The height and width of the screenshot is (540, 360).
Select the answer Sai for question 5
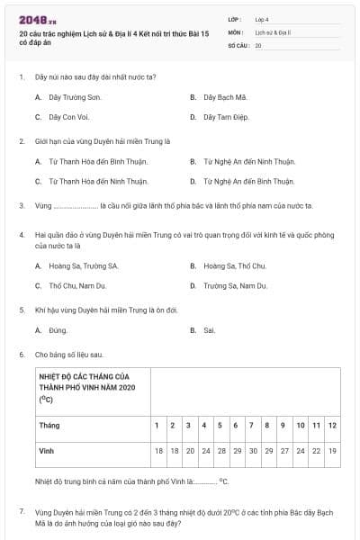pos(210,330)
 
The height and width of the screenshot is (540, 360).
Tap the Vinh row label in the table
pos(47,450)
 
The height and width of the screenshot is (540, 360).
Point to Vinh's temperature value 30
pos(252,450)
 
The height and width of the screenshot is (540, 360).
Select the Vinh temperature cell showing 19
pos(332,450)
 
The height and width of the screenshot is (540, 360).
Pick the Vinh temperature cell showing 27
pos(283,450)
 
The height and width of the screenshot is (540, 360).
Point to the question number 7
pos(21,511)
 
